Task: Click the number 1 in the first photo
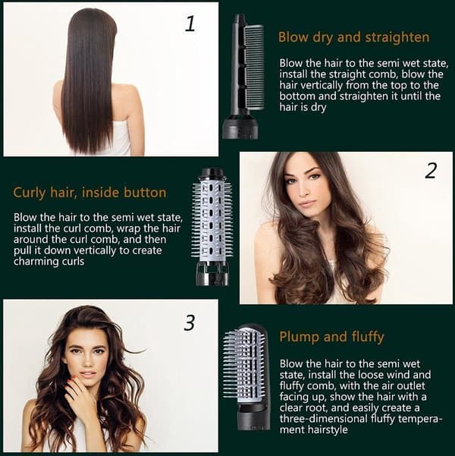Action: tap(190, 24)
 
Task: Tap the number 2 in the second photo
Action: tap(431, 171)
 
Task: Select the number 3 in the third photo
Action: tap(190, 322)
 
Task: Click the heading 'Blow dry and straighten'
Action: tap(353, 38)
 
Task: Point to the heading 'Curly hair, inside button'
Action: tap(89, 193)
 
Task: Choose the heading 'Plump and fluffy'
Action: tap(331, 337)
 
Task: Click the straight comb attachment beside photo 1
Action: tap(243, 77)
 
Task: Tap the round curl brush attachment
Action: tap(212, 226)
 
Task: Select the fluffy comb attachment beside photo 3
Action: tap(246, 377)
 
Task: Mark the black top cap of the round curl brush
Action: tap(212, 172)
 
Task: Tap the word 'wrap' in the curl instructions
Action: tap(127, 229)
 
